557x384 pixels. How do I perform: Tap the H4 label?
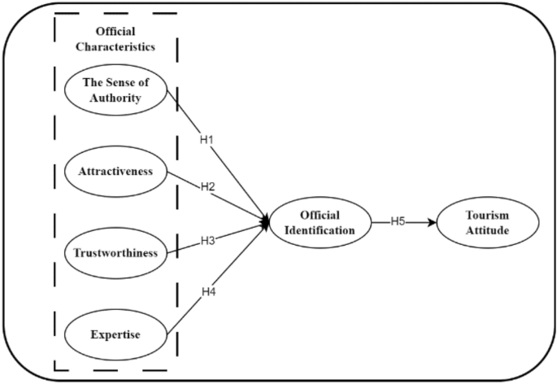(209, 291)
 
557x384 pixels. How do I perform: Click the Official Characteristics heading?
(115, 39)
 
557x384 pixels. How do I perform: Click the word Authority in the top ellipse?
(115, 98)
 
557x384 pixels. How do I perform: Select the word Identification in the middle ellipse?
(320, 230)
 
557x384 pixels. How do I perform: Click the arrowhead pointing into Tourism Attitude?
(433, 222)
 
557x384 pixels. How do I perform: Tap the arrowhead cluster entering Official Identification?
(265, 221)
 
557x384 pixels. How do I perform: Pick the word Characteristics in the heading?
(115, 46)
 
